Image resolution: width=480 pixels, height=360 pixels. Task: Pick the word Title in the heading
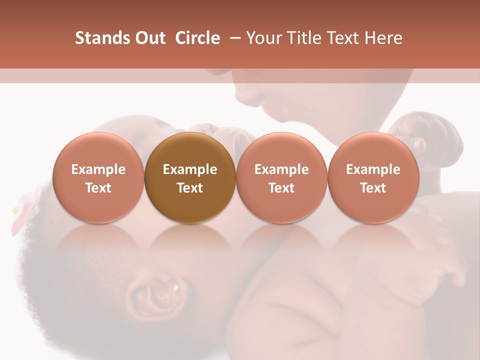click(x=303, y=38)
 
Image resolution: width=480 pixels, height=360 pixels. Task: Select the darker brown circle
click(x=190, y=177)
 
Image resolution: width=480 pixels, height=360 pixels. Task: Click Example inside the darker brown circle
click(x=190, y=169)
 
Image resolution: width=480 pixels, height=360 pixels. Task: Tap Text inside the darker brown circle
click(x=190, y=188)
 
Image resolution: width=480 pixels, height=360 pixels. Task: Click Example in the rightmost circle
click(x=373, y=169)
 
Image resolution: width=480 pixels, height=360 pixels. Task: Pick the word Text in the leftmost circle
click(x=98, y=188)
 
